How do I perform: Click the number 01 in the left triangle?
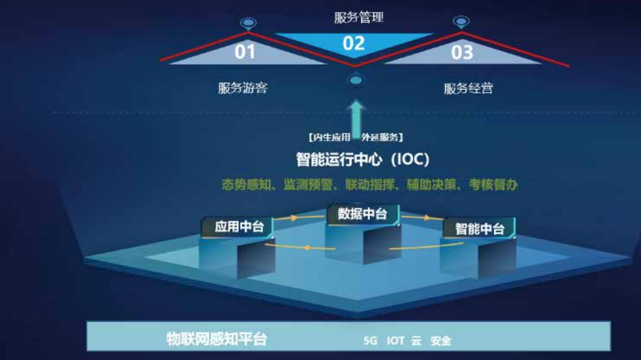[x=245, y=52]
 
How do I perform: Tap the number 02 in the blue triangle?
[x=354, y=43]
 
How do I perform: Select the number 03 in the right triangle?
[x=462, y=53]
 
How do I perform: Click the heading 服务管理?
[x=359, y=17]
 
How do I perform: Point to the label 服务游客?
[x=243, y=87]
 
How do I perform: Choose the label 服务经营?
[x=469, y=88]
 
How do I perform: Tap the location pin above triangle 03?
[x=461, y=22]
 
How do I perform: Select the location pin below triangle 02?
[x=356, y=79]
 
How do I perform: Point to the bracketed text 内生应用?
[x=332, y=138]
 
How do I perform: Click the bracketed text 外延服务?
[x=380, y=138]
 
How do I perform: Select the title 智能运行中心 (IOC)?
[x=363, y=159]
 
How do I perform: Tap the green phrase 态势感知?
[x=246, y=185]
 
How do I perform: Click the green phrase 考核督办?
[x=493, y=185]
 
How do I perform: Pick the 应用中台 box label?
[x=239, y=226]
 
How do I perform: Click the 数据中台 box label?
[x=362, y=214]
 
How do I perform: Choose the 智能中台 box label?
[x=480, y=228]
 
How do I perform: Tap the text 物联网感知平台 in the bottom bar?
[x=216, y=339]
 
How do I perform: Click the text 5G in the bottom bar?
[x=371, y=341]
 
